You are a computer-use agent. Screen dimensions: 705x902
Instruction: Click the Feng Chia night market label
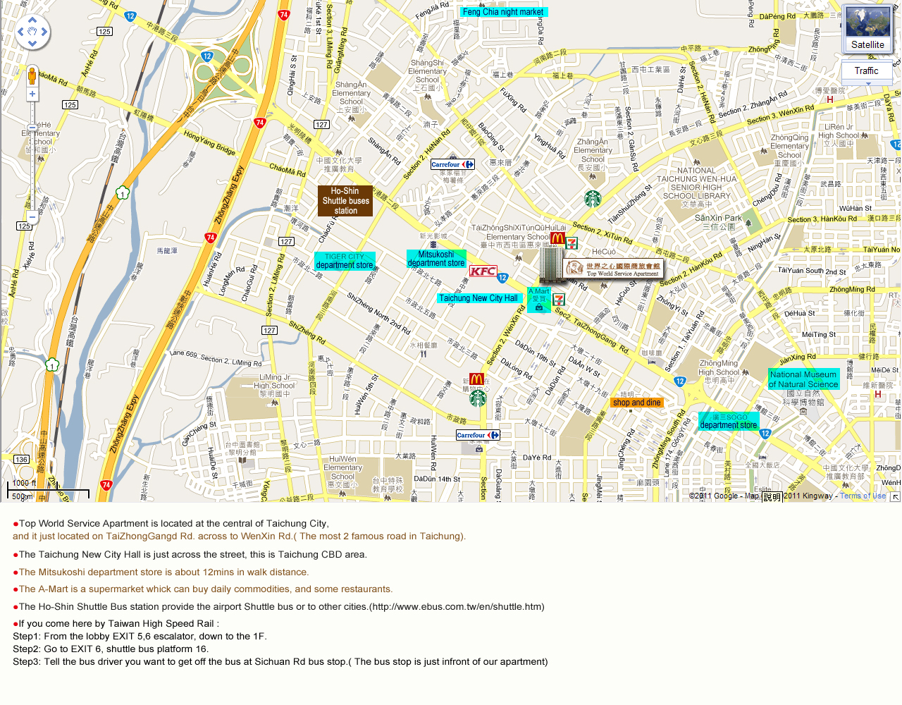tap(503, 12)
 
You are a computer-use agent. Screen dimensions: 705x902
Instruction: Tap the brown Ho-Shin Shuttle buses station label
tap(345, 201)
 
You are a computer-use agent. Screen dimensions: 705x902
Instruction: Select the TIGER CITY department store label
tap(345, 262)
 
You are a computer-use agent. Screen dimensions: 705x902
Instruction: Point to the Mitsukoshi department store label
tap(436, 259)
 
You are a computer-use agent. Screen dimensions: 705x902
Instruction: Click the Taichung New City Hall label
tap(478, 298)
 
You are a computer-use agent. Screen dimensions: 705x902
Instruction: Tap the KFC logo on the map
tap(483, 271)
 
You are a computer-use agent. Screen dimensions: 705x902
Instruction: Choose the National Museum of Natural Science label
tap(803, 379)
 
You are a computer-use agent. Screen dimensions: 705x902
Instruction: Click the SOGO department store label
tap(729, 422)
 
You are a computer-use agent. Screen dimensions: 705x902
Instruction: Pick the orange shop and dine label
tap(636, 403)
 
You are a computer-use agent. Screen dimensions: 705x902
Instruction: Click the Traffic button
tap(866, 71)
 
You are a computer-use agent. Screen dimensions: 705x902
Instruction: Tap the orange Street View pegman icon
tap(32, 75)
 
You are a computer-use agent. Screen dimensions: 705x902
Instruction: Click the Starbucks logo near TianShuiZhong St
tap(593, 199)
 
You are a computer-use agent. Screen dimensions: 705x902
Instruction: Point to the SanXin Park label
tap(718, 219)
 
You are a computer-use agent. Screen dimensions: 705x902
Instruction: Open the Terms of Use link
tap(863, 496)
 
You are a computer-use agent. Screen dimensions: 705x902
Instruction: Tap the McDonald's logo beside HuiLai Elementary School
tap(557, 239)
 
